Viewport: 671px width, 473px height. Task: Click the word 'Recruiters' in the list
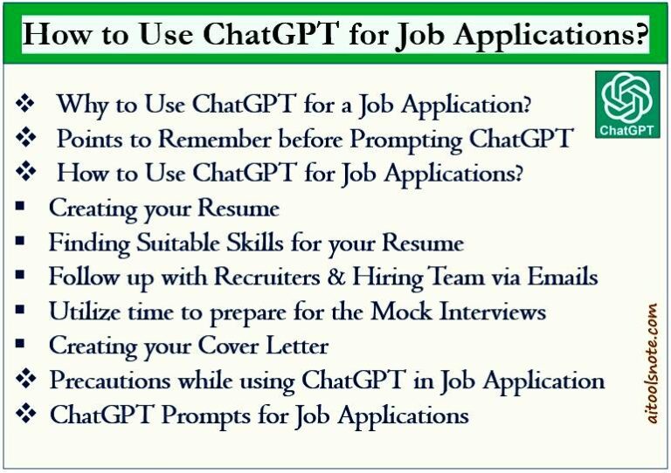[275, 278]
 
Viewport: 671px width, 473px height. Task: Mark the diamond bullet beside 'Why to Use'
[26, 105]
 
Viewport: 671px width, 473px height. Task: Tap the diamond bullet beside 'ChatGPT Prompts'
[26, 415]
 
